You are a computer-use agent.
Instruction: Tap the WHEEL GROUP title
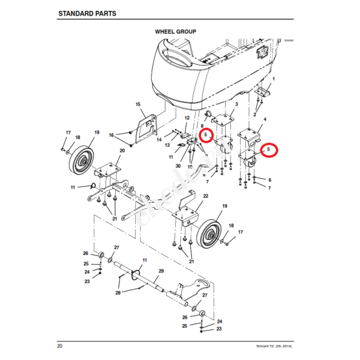[x=175, y=31]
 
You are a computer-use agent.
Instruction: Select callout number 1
[x=274, y=79]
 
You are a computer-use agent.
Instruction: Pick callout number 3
[x=236, y=104]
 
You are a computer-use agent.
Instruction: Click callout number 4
[x=265, y=120]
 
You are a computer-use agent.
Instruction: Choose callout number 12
[x=187, y=118]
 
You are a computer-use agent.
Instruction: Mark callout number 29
[x=160, y=271]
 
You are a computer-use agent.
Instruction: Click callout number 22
[x=205, y=196]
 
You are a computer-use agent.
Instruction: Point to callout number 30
[x=178, y=166]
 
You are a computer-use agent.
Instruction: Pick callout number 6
[x=269, y=180]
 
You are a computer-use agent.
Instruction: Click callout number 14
[x=159, y=139]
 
